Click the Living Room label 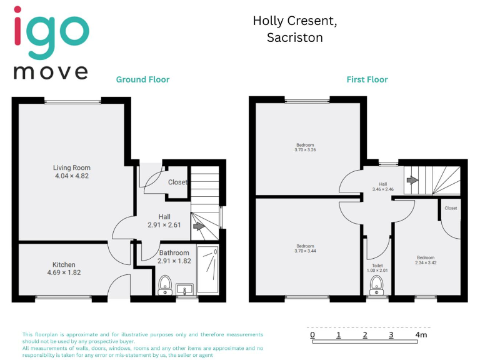click(72, 167)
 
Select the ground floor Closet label click(177, 182)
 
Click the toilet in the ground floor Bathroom click(166, 284)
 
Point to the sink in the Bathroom click(184, 289)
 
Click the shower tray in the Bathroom click(209, 269)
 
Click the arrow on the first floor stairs click(412, 180)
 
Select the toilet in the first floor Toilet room click(376, 285)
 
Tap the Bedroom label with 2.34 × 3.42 click(426, 257)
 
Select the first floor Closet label click(451, 208)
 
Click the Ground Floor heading click(142, 79)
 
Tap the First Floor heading click(367, 79)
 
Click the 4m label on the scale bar click(421, 335)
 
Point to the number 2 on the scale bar click(365, 335)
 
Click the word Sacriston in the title click(294, 37)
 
